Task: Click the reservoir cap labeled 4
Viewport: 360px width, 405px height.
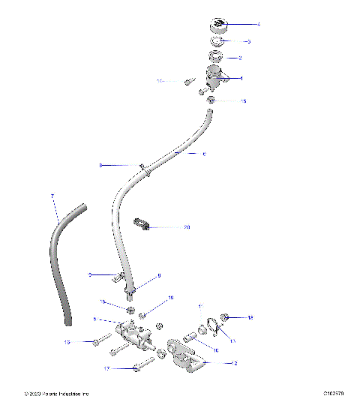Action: coord(217,25)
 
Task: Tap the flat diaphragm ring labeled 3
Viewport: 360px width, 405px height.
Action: coord(216,41)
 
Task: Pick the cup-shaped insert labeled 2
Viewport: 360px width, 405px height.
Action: coord(215,57)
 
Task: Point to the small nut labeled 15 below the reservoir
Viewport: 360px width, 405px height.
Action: coord(212,100)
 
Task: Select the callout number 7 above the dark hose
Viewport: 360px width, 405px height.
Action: coord(52,196)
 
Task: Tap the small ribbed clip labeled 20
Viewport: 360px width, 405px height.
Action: coord(142,224)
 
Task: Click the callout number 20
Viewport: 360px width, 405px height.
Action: coord(187,226)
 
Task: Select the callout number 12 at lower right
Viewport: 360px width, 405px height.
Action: coord(235,362)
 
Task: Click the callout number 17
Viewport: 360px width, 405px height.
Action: coord(106,369)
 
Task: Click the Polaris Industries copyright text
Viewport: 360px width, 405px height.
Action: coord(56,393)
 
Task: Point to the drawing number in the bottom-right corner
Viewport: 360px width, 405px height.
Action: coord(334,393)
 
